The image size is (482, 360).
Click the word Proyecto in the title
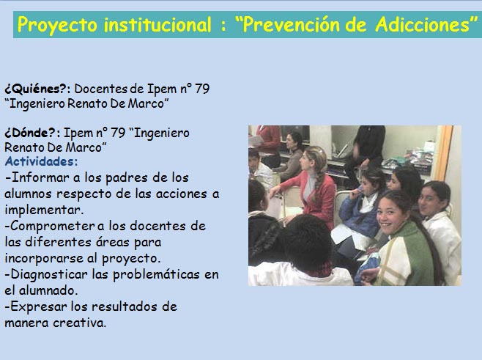[x=57, y=25]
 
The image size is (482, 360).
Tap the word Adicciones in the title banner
[x=423, y=24]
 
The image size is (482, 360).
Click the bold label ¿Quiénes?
[x=35, y=89]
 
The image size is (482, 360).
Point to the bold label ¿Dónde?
[x=30, y=133]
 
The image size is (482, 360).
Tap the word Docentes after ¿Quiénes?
[x=101, y=89]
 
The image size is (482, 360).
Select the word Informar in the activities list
[x=36, y=177]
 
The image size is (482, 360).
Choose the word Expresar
[x=39, y=306]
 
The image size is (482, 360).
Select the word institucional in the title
[x=157, y=24]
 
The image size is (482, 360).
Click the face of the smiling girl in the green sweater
[x=389, y=215]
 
